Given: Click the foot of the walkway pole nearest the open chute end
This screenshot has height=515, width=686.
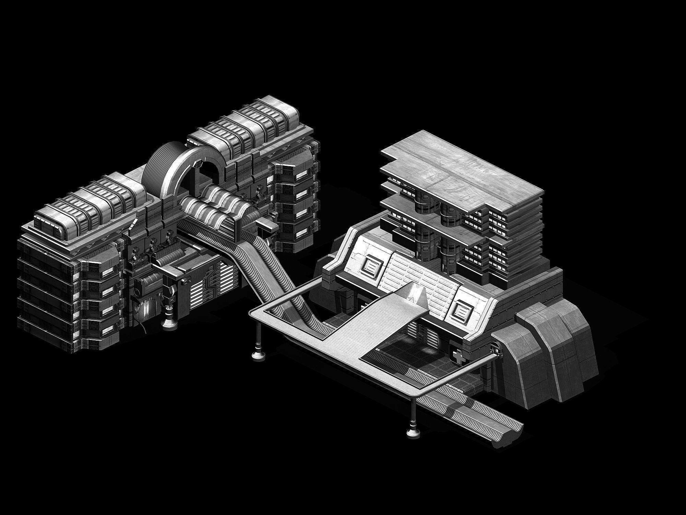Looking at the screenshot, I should (x=411, y=432).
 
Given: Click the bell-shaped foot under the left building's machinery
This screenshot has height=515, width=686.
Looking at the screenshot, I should (x=169, y=323).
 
